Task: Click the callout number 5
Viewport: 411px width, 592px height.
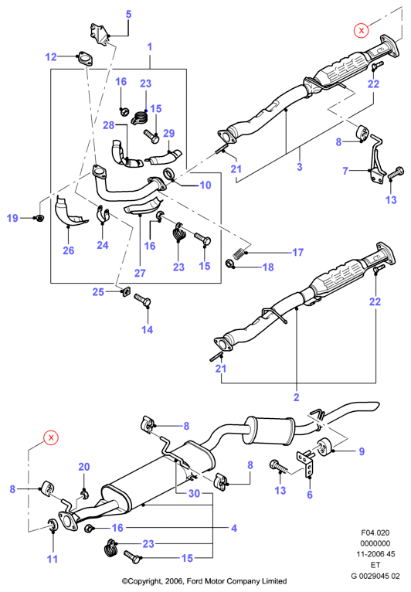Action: tap(128, 15)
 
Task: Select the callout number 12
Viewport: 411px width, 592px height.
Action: tap(50, 57)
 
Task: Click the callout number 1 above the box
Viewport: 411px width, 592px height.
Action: tap(150, 47)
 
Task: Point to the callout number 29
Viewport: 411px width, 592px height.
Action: tap(168, 133)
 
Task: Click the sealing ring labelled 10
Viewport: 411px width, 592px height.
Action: tap(169, 175)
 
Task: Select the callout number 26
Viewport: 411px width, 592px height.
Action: tap(68, 250)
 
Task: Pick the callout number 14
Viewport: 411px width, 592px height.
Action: tap(147, 329)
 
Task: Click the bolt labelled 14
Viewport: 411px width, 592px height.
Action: tap(143, 300)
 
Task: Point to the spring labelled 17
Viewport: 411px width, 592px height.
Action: tap(238, 253)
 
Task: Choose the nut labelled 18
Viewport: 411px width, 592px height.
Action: tap(230, 264)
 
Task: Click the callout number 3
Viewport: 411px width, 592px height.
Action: tap(299, 166)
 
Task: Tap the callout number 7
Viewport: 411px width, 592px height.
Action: tap(345, 171)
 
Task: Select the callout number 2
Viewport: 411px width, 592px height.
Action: tap(296, 396)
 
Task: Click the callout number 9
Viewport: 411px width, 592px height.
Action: tap(362, 451)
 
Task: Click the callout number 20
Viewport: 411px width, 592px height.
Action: tap(83, 467)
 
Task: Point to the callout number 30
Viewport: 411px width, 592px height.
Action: tap(194, 493)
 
